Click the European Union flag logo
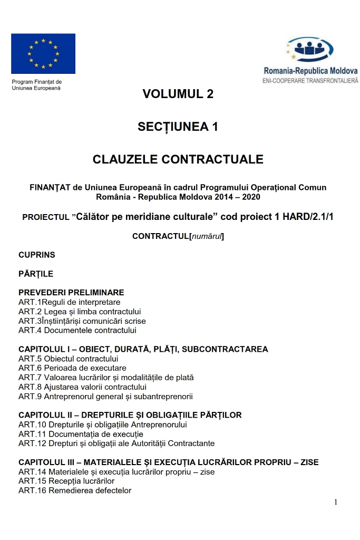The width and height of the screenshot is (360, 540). click(43, 53)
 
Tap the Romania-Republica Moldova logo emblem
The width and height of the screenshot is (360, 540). click(311, 50)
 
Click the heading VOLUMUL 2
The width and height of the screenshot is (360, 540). click(178, 94)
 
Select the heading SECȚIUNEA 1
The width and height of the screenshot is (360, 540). click(178, 127)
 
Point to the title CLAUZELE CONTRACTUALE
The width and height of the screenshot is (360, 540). click(178, 159)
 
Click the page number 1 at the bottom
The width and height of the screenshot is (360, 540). click(335, 502)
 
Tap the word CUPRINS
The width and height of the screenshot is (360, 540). click(37, 255)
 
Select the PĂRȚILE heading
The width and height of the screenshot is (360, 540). click(36, 274)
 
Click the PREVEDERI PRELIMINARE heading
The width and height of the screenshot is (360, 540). click(71, 293)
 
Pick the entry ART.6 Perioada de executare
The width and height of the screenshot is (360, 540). click(72, 368)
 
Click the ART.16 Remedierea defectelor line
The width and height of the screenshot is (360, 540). click(75, 490)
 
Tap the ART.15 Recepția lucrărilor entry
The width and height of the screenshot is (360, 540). click(66, 481)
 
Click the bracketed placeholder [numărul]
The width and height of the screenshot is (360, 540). click(207, 236)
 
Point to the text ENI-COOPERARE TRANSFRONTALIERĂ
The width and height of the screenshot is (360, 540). click(310, 81)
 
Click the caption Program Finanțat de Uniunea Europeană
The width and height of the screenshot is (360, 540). click(37, 85)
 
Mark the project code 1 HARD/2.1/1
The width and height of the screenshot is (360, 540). click(301, 217)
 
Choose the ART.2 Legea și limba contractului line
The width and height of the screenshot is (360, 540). click(80, 312)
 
